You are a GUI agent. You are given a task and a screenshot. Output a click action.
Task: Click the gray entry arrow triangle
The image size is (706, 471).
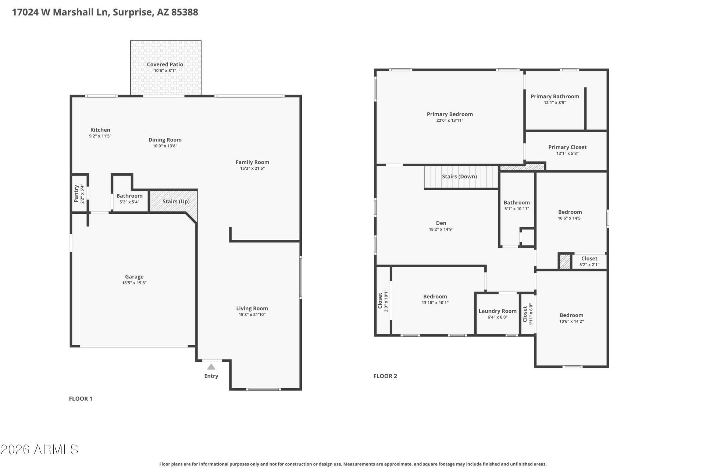point(211,366)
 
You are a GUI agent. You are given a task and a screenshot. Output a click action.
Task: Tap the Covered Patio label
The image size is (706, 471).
point(165,64)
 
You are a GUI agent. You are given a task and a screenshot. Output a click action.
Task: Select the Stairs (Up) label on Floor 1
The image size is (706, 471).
point(176,201)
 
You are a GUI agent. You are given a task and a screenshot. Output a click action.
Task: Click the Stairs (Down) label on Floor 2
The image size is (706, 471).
point(459,177)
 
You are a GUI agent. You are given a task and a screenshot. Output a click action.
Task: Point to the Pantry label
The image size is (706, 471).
point(76,194)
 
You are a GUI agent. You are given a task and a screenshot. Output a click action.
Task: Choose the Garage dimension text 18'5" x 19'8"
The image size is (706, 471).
point(135,283)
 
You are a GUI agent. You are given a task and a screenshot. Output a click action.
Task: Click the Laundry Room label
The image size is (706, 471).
point(498,311)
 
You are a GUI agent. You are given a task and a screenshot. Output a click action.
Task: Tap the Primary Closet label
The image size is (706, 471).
point(567,147)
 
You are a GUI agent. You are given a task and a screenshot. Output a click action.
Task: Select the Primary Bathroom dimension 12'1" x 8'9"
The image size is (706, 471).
point(555,103)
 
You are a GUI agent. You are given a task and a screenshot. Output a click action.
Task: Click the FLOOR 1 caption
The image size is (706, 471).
point(81,399)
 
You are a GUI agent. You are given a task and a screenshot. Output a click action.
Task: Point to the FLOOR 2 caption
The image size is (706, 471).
point(385,376)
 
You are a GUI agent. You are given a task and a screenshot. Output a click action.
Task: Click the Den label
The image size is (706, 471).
point(441,223)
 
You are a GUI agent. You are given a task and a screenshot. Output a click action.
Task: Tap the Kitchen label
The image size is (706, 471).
point(100,130)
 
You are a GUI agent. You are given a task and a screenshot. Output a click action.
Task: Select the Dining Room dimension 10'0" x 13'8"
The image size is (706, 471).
point(165,146)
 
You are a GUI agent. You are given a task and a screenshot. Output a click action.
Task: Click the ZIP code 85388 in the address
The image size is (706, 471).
point(185,12)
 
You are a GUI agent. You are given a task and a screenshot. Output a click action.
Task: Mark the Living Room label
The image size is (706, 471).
point(252,308)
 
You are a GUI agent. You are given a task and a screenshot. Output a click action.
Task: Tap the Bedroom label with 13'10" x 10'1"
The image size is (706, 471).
point(435,297)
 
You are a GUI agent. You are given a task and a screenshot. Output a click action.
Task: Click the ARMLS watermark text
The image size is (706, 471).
point(39,449)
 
